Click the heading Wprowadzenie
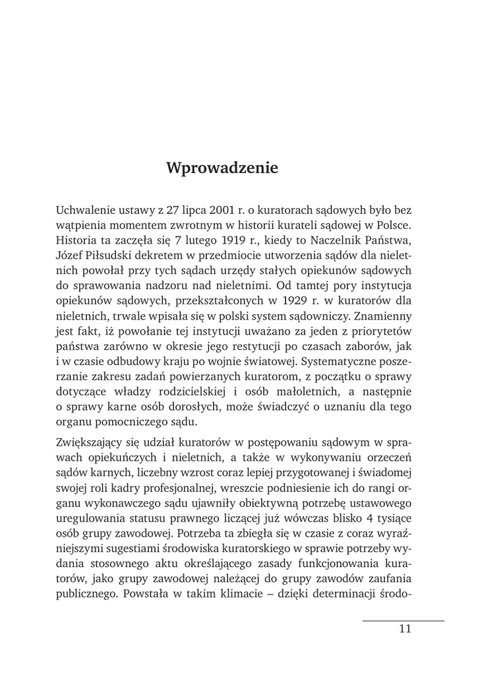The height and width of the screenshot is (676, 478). coord(222,168)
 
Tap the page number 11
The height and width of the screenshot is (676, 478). coord(405,629)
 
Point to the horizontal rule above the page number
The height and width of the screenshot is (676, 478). coord(403,621)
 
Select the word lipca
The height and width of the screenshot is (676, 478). coord(192,211)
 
